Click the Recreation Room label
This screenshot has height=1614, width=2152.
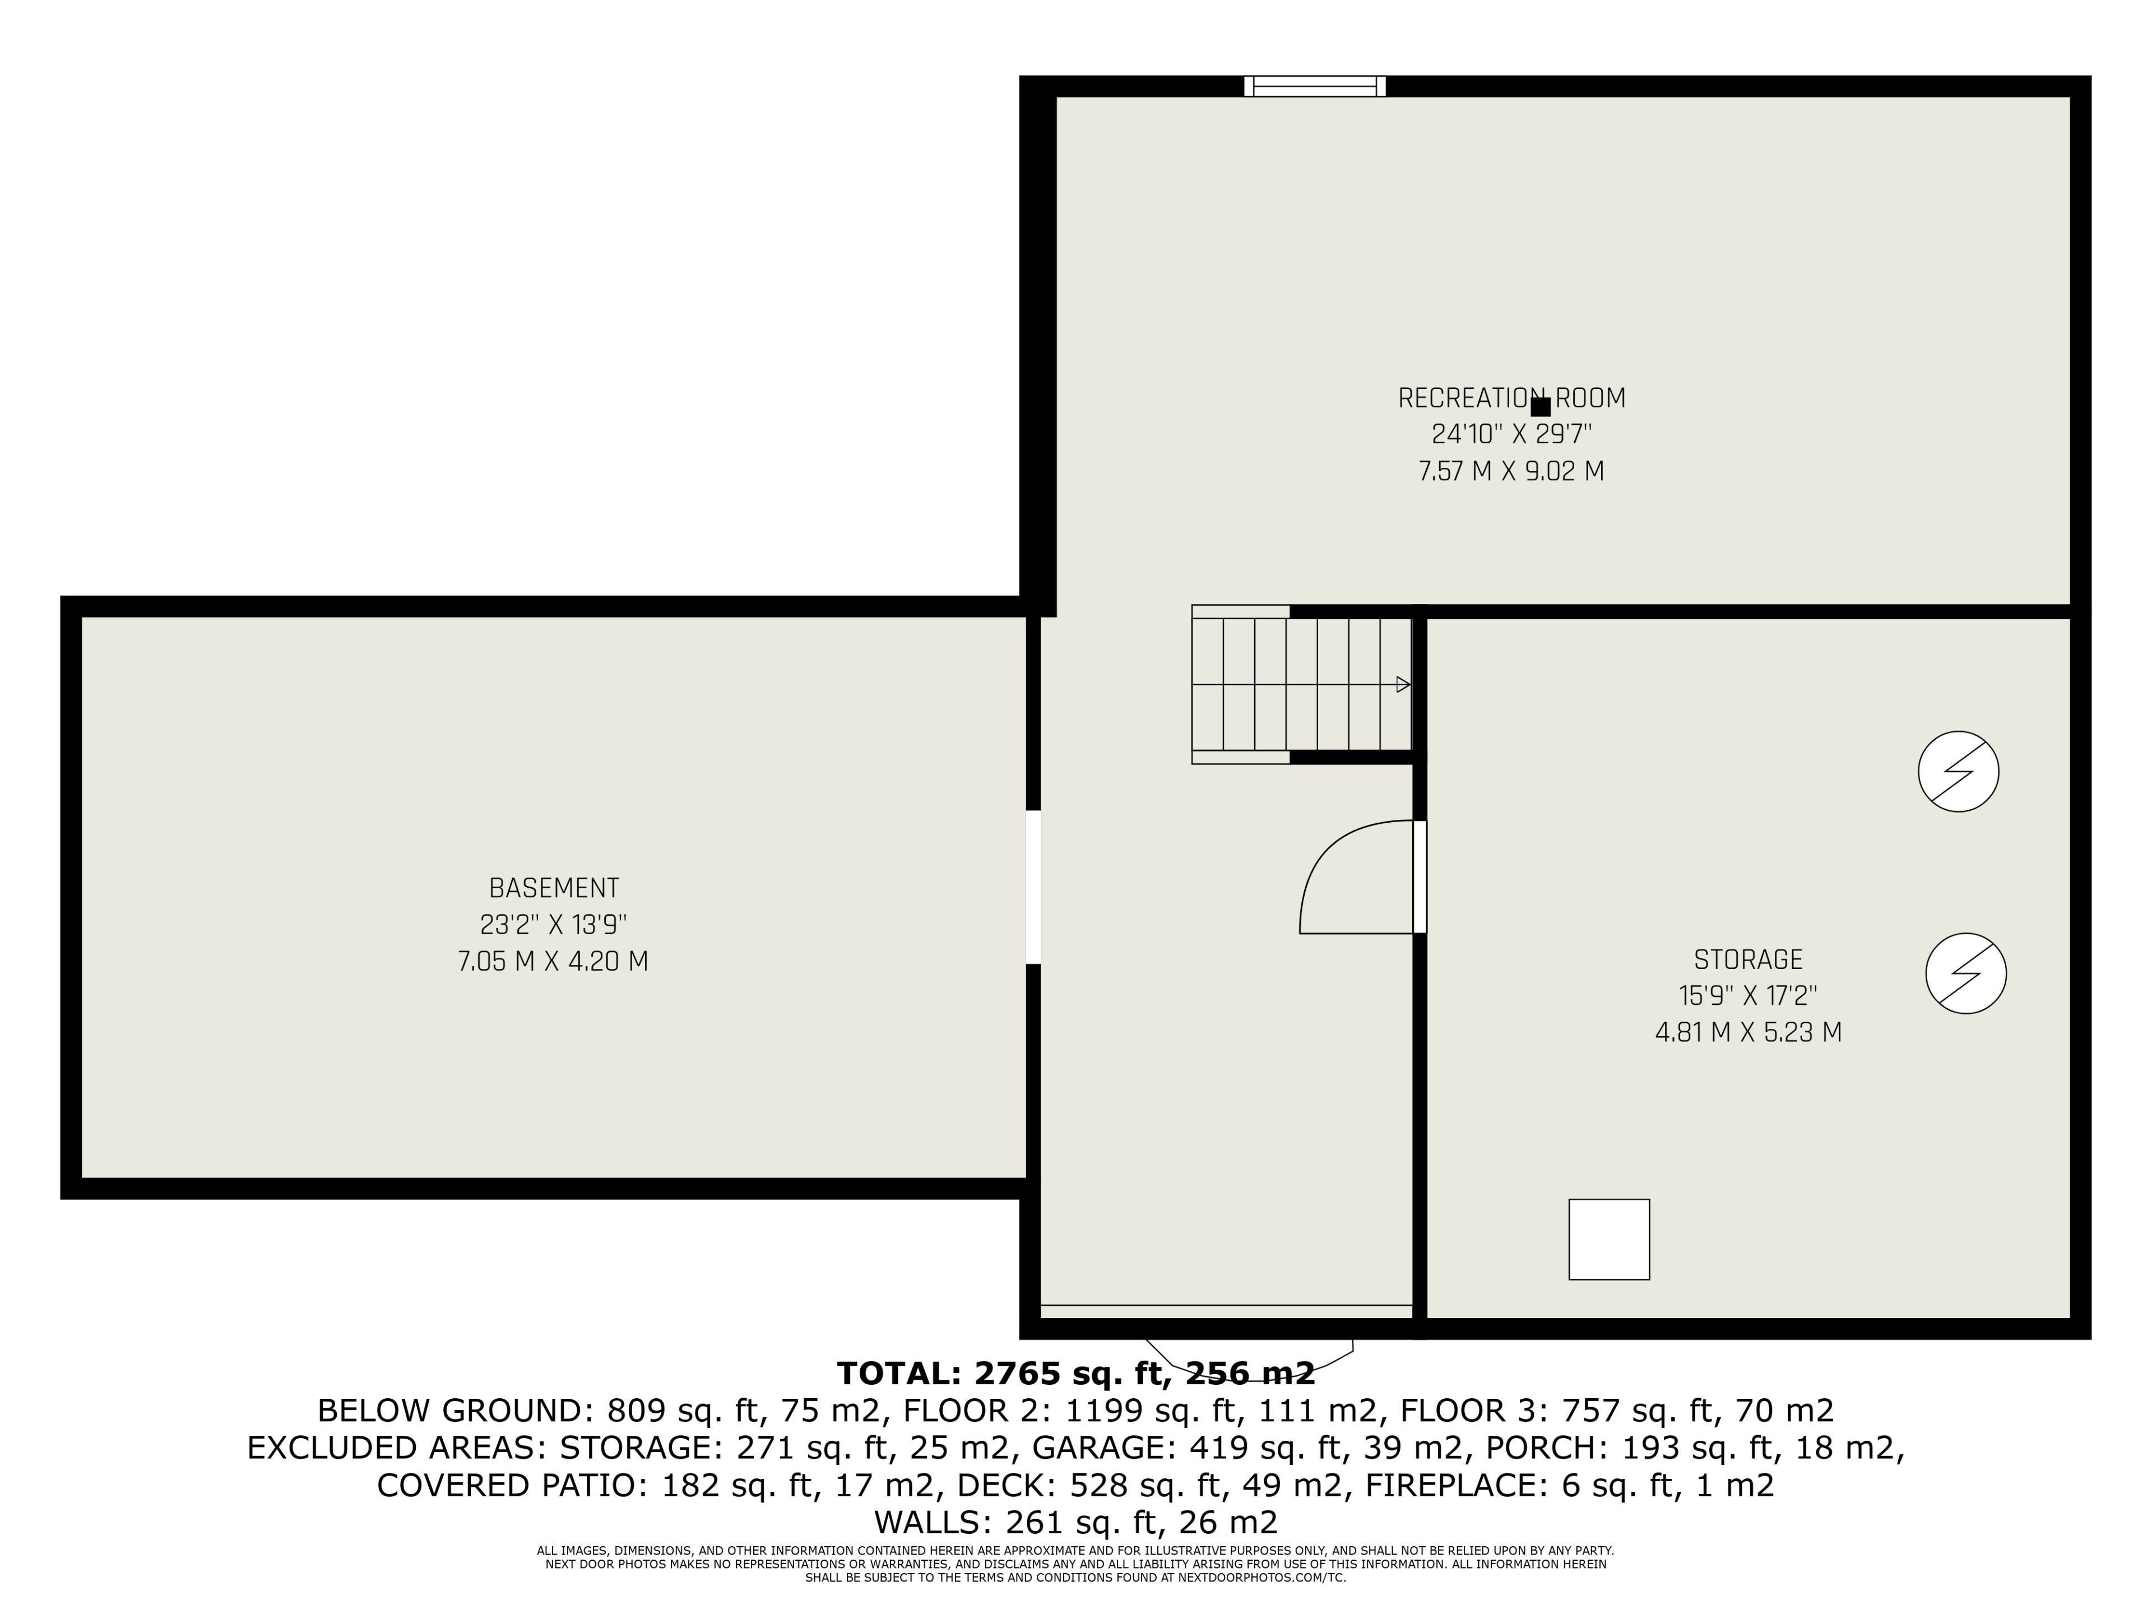click(1511, 398)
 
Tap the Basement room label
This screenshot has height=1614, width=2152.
click(554, 888)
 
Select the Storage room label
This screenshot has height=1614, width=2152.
click(1748, 960)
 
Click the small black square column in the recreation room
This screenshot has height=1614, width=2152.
click(1540, 407)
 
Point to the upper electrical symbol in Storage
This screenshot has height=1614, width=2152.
click(1959, 772)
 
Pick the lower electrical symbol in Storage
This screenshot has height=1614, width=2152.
click(1966, 974)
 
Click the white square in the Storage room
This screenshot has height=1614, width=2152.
click(1609, 1240)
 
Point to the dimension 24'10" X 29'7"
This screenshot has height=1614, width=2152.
click(1511, 434)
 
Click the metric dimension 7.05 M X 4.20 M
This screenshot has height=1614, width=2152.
click(553, 961)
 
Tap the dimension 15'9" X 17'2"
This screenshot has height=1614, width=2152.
click(1748, 996)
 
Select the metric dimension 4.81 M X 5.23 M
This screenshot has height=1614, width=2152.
click(1748, 1032)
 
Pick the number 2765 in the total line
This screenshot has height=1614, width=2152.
click(1018, 1374)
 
